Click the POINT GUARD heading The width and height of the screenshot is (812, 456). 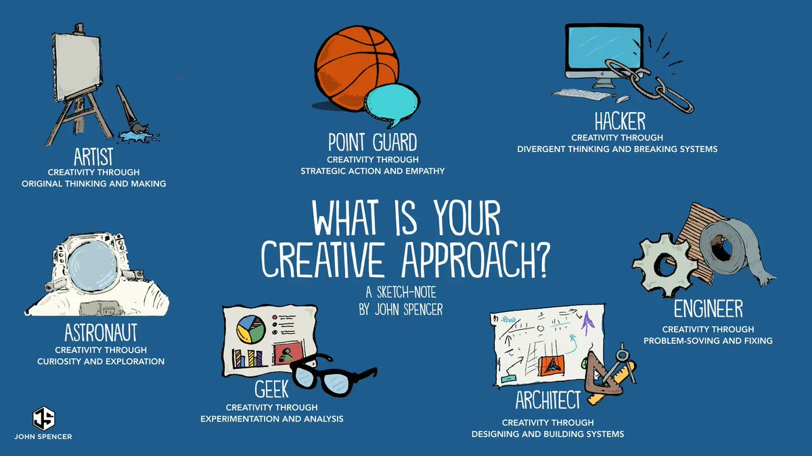point(372,143)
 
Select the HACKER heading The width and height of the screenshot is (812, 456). point(620,122)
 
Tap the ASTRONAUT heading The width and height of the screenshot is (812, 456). point(101,332)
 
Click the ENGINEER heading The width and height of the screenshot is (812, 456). point(708,309)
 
